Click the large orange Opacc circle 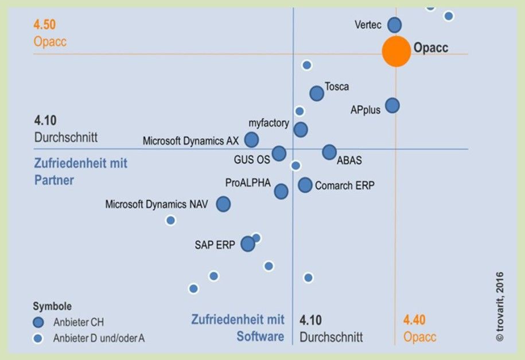click(x=396, y=50)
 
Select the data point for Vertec click(x=394, y=25)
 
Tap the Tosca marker click(x=317, y=93)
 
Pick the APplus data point click(x=392, y=105)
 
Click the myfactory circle click(x=301, y=130)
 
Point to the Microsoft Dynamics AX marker click(x=251, y=139)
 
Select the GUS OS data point click(x=279, y=153)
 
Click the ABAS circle click(x=329, y=152)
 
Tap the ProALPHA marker click(x=281, y=191)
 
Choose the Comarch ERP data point click(x=305, y=185)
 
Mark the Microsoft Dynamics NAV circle click(x=223, y=204)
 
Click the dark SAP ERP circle click(x=247, y=244)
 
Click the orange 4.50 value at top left click(x=45, y=25)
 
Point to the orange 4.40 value click(x=414, y=320)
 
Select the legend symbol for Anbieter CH click(x=38, y=322)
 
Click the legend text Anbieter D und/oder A click(x=99, y=338)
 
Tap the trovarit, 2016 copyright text click(x=500, y=307)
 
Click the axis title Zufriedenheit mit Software click(x=238, y=327)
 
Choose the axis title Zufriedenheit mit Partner click(x=80, y=171)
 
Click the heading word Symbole click(x=52, y=306)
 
